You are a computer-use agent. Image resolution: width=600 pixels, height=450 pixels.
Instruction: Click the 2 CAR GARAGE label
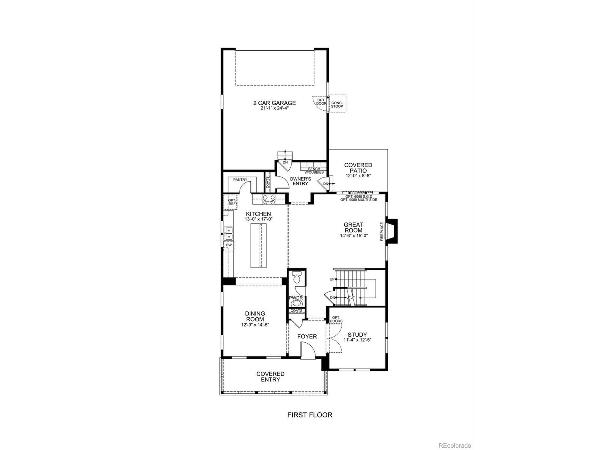coord(274,103)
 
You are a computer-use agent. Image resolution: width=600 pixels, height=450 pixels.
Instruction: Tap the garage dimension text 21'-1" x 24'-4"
coord(274,108)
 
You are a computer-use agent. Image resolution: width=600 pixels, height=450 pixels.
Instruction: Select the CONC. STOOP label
coord(337,105)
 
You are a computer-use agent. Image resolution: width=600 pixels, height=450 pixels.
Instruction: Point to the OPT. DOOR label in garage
coord(321,102)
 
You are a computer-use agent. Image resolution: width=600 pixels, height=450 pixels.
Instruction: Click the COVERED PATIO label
coord(358,168)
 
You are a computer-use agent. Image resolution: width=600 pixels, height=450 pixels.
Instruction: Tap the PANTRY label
coord(240,180)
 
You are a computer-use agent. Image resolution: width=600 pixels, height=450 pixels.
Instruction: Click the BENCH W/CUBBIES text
coord(314,171)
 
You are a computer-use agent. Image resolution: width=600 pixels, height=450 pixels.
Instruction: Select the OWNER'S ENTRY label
coord(300,181)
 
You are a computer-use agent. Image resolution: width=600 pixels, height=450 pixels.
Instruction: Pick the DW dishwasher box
coord(229,245)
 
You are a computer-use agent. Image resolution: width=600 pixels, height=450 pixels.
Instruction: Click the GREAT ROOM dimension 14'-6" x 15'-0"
coord(354,236)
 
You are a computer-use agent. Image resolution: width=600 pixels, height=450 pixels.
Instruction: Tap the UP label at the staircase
coord(332,279)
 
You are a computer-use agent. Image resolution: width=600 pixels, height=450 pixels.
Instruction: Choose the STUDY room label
coord(357,335)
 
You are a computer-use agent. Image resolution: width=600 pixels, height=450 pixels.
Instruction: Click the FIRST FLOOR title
coord(310,415)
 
